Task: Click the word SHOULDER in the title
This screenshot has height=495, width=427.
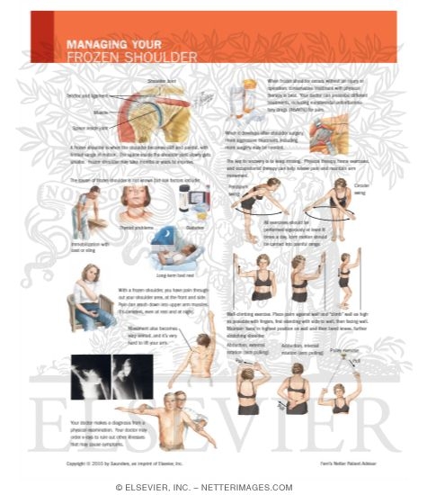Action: (162, 57)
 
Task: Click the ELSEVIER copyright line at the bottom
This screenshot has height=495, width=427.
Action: (213, 486)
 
